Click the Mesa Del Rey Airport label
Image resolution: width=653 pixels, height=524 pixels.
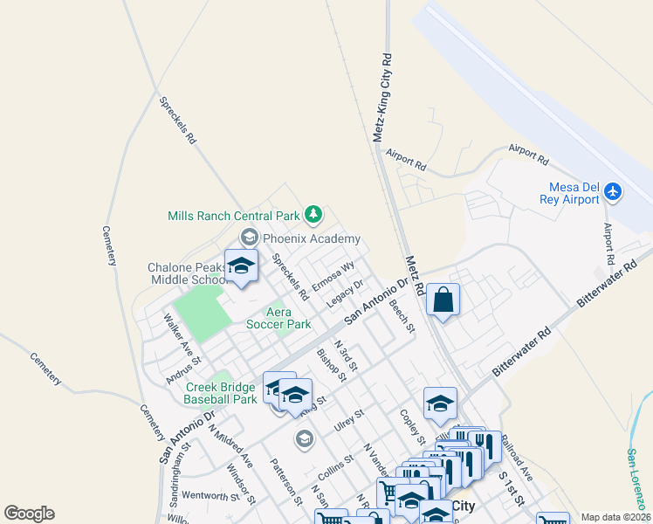point(574,193)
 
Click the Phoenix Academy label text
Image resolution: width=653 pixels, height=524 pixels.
point(311,238)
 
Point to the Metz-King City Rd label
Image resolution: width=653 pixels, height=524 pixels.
point(381,96)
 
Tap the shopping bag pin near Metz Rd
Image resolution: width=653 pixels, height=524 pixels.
point(443,300)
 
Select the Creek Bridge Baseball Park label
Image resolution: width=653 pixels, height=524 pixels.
point(220,393)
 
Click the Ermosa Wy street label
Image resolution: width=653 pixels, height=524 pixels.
point(333,277)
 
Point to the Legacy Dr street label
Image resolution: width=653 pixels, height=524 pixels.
point(345,293)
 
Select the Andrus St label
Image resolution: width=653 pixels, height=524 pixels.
point(183,369)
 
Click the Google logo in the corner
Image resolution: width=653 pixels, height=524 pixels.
point(29,514)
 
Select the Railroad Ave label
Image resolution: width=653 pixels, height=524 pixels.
point(517,460)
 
